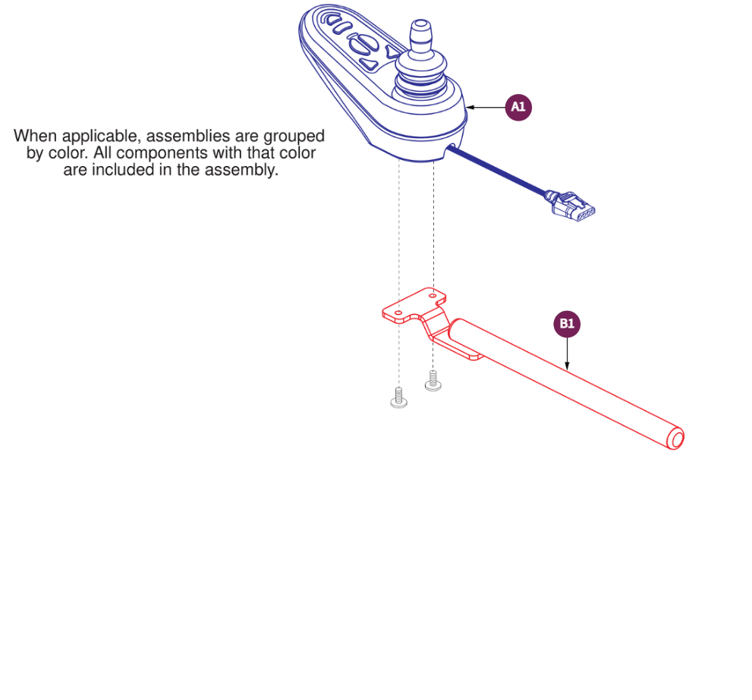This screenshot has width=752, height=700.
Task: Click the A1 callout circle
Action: [x=518, y=108]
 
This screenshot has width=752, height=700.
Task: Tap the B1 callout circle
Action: [x=567, y=325]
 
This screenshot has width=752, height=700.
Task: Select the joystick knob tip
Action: [x=418, y=33]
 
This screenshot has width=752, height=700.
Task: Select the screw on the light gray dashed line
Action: [x=398, y=398]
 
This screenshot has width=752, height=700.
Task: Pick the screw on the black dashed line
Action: [x=433, y=380]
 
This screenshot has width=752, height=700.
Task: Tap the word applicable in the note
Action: [x=105, y=137]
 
